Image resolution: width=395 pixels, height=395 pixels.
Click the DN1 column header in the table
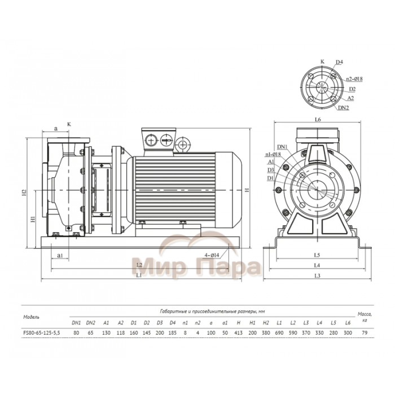pos(76,323)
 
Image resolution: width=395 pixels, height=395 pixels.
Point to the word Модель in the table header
pos(31,317)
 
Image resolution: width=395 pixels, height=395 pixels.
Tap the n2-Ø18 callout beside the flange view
pos(352,80)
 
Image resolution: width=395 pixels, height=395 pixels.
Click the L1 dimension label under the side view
pos(139,275)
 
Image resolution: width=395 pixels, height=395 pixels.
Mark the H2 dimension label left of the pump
pos(25,191)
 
